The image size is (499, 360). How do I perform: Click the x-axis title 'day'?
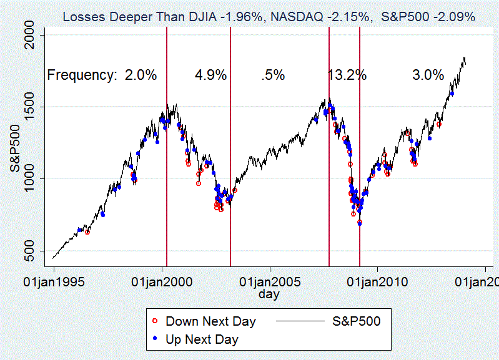click(269, 294)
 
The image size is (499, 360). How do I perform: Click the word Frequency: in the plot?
click(82, 75)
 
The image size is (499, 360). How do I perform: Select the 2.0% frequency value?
click(141, 75)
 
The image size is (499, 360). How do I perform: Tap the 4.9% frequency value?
click(210, 75)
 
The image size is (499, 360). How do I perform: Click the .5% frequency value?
click(273, 75)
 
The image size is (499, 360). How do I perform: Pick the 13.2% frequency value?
click(347, 75)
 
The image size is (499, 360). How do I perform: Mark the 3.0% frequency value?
click(428, 75)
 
